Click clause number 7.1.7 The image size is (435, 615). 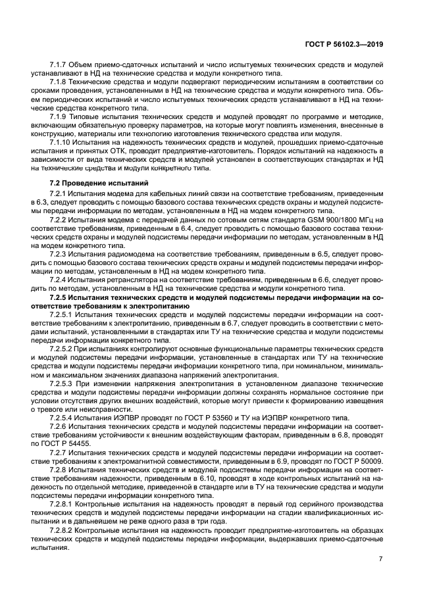61,66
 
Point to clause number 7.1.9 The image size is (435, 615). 61,116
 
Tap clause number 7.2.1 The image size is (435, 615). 61,194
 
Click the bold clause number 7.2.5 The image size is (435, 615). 61,297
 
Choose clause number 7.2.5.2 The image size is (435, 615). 64,347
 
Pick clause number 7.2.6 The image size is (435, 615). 61,427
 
